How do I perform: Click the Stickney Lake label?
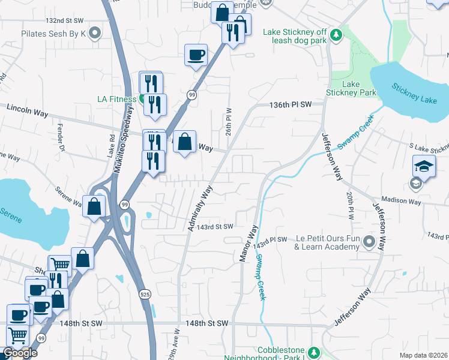415,93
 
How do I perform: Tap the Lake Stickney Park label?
351,88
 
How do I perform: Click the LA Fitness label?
118,98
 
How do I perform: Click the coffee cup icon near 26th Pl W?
196,56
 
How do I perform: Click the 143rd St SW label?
215,227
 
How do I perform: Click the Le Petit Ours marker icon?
369,242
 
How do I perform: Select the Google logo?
19,353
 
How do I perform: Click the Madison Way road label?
402,202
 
